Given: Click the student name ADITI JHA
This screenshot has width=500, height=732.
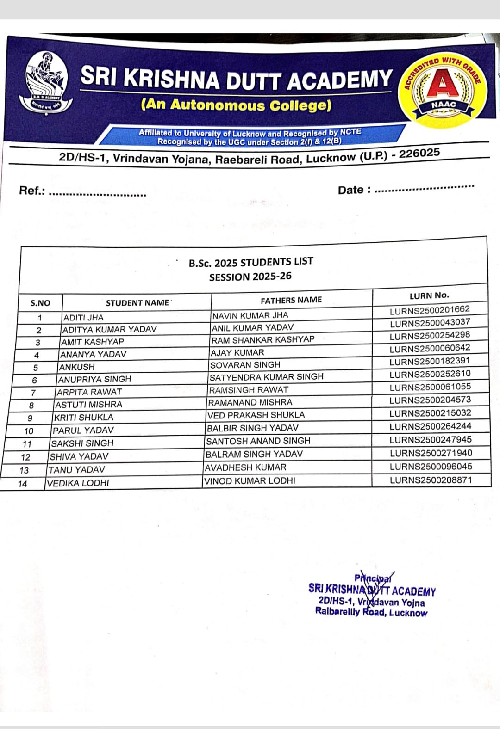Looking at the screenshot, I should (83, 318).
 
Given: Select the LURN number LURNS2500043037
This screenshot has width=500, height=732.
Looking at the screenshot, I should (430, 322).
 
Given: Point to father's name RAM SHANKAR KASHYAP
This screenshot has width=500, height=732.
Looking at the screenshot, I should (262, 340).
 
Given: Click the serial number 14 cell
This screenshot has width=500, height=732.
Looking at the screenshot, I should (22, 484).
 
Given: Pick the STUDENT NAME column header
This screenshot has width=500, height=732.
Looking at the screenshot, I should (137, 303).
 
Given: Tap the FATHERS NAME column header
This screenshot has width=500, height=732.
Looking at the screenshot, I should (291, 300).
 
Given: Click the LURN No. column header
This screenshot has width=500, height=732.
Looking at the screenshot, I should (429, 295).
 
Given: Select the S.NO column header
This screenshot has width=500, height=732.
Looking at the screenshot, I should (40, 303).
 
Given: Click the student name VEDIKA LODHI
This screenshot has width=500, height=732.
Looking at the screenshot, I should (78, 483).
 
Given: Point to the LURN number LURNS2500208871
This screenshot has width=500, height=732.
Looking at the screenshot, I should (431, 480).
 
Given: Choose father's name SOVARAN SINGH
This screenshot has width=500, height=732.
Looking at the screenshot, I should (245, 365).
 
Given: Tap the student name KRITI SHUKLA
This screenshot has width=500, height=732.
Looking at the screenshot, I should (83, 418).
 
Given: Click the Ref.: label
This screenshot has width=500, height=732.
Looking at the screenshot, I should (32, 191).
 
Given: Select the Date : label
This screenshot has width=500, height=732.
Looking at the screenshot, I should (354, 190).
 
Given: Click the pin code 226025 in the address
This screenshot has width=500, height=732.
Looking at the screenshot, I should (419, 154).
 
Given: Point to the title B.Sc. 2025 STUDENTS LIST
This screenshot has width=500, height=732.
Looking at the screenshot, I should (251, 262).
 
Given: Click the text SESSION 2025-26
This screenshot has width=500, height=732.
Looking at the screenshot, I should (250, 277).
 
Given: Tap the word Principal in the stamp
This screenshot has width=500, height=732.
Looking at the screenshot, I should (373, 578).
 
